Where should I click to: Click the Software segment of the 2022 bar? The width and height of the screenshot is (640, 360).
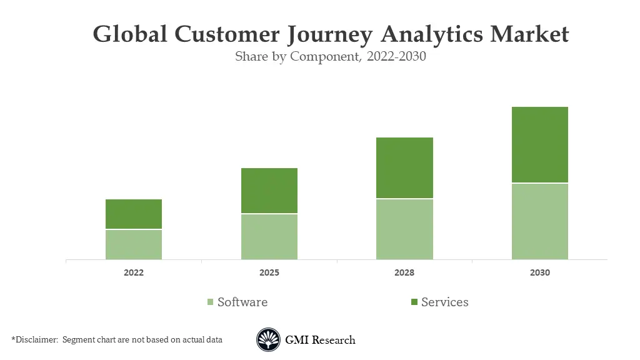point(134,244)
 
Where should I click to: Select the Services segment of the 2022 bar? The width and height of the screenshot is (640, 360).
point(134,214)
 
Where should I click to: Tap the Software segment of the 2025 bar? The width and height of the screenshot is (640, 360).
point(269,237)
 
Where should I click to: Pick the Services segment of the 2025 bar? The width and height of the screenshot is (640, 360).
point(269,191)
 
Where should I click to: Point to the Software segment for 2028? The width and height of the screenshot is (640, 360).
point(404,229)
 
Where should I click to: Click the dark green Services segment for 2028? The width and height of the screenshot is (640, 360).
point(404,167)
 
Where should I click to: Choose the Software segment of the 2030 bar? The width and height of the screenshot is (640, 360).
point(540,221)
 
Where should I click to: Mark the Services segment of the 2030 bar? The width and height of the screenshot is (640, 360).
point(540,144)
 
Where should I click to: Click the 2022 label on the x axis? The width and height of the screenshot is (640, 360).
point(134,273)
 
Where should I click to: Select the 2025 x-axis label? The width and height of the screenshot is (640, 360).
point(269,273)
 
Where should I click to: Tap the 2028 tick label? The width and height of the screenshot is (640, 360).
point(404,273)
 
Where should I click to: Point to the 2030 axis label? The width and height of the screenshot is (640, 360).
point(540,273)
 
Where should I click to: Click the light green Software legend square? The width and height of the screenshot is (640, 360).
point(211,302)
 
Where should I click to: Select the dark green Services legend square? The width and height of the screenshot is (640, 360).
point(414,302)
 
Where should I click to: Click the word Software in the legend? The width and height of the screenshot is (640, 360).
point(242,302)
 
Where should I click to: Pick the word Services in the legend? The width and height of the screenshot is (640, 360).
point(444,302)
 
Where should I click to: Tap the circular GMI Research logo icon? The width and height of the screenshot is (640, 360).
point(268,340)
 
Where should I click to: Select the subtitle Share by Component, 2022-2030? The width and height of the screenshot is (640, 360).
point(331,57)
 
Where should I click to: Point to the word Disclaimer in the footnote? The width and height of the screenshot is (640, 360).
point(36,340)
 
